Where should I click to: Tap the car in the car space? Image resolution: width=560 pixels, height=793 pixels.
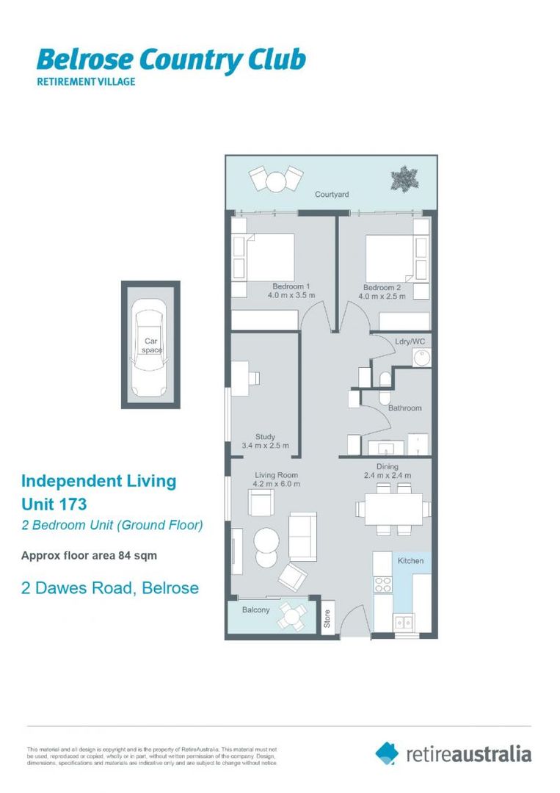point(150,347)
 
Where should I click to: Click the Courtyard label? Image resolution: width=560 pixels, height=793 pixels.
point(332,195)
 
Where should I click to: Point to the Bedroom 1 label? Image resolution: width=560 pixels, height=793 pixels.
point(291,286)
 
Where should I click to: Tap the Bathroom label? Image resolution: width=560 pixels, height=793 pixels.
point(405,408)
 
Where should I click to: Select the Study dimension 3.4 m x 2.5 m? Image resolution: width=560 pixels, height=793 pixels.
point(265,446)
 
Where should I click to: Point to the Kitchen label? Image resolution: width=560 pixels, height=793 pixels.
point(410,561)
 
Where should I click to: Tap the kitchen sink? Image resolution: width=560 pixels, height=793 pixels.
point(404,621)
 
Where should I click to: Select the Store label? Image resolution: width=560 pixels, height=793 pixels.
point(327,618)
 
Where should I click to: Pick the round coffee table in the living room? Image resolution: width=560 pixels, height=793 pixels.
point(266,544)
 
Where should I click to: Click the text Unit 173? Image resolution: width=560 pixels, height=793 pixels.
point(54,504)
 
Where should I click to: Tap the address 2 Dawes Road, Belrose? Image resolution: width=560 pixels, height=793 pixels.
point(110,588)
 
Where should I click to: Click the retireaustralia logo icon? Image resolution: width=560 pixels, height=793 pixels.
point(387,753)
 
